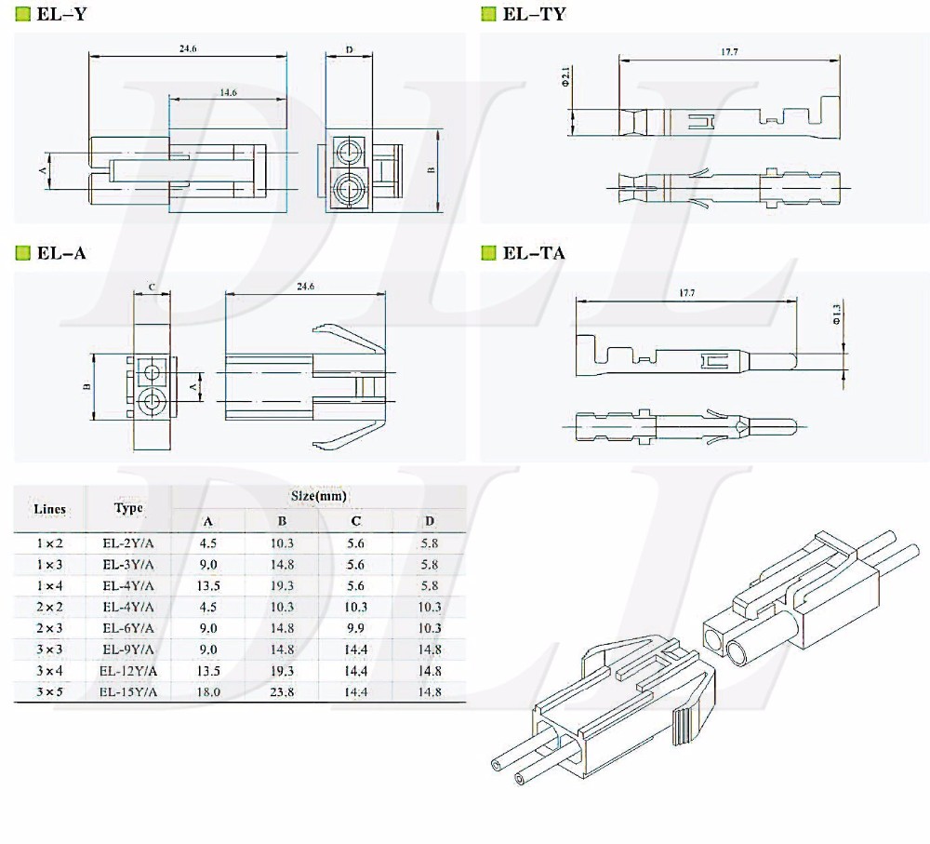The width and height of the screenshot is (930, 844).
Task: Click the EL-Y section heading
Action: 63,14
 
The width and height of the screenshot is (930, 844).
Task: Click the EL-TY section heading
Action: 533,14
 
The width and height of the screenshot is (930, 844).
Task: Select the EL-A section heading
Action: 61,252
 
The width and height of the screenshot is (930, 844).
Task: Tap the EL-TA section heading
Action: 533,252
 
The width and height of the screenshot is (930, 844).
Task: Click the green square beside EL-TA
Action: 489,252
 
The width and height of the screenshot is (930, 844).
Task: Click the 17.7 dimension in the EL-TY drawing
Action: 729,52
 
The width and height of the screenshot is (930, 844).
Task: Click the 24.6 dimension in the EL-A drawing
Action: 304,287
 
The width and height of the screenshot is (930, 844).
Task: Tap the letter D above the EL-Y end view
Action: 349,49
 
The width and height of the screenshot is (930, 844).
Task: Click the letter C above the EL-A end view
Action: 152,287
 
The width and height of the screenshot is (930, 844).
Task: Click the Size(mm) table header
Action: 318,497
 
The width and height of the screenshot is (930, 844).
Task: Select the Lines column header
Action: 49,509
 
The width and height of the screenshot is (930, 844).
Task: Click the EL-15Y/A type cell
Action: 128,692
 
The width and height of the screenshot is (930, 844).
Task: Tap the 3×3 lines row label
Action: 49,650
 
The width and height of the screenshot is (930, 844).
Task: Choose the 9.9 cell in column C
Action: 356,628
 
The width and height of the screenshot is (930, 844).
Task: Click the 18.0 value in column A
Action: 207,692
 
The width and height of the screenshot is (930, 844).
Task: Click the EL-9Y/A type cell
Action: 128,650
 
